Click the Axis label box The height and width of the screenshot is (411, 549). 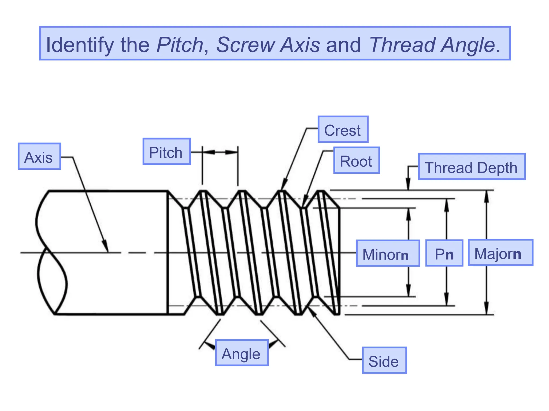coord(39,156)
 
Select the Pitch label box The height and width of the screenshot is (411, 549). coord(166,152)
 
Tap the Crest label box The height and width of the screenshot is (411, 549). coord(343,130)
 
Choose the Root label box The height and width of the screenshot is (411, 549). coord(356,160)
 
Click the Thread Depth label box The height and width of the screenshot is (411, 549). coord(471,167)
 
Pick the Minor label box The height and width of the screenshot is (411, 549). coord(388,253)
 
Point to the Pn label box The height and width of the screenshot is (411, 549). coord(444,253)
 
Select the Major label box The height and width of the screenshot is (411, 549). coord(500,253)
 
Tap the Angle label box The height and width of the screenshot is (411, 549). coord(242,353)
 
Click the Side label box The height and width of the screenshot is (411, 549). coord(384,360)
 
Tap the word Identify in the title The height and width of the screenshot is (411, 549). coord(80,45)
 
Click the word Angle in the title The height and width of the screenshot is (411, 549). coord(468,45)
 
